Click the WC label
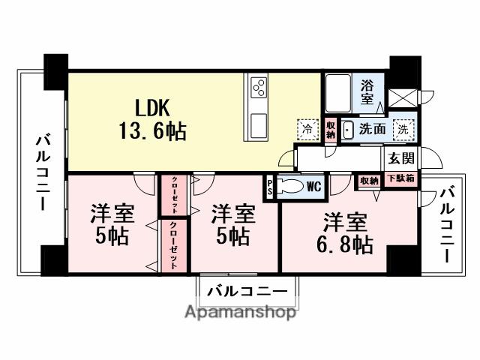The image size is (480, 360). (313, 184)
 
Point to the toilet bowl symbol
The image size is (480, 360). (291, 186)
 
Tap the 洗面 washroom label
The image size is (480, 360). (373, 128)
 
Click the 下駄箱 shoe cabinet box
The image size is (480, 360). (401, 180)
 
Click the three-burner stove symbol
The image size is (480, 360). (259, 88)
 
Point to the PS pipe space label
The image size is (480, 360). (270, 185)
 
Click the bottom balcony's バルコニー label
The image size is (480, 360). (247, 291)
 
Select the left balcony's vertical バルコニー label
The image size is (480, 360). (43, 172)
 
